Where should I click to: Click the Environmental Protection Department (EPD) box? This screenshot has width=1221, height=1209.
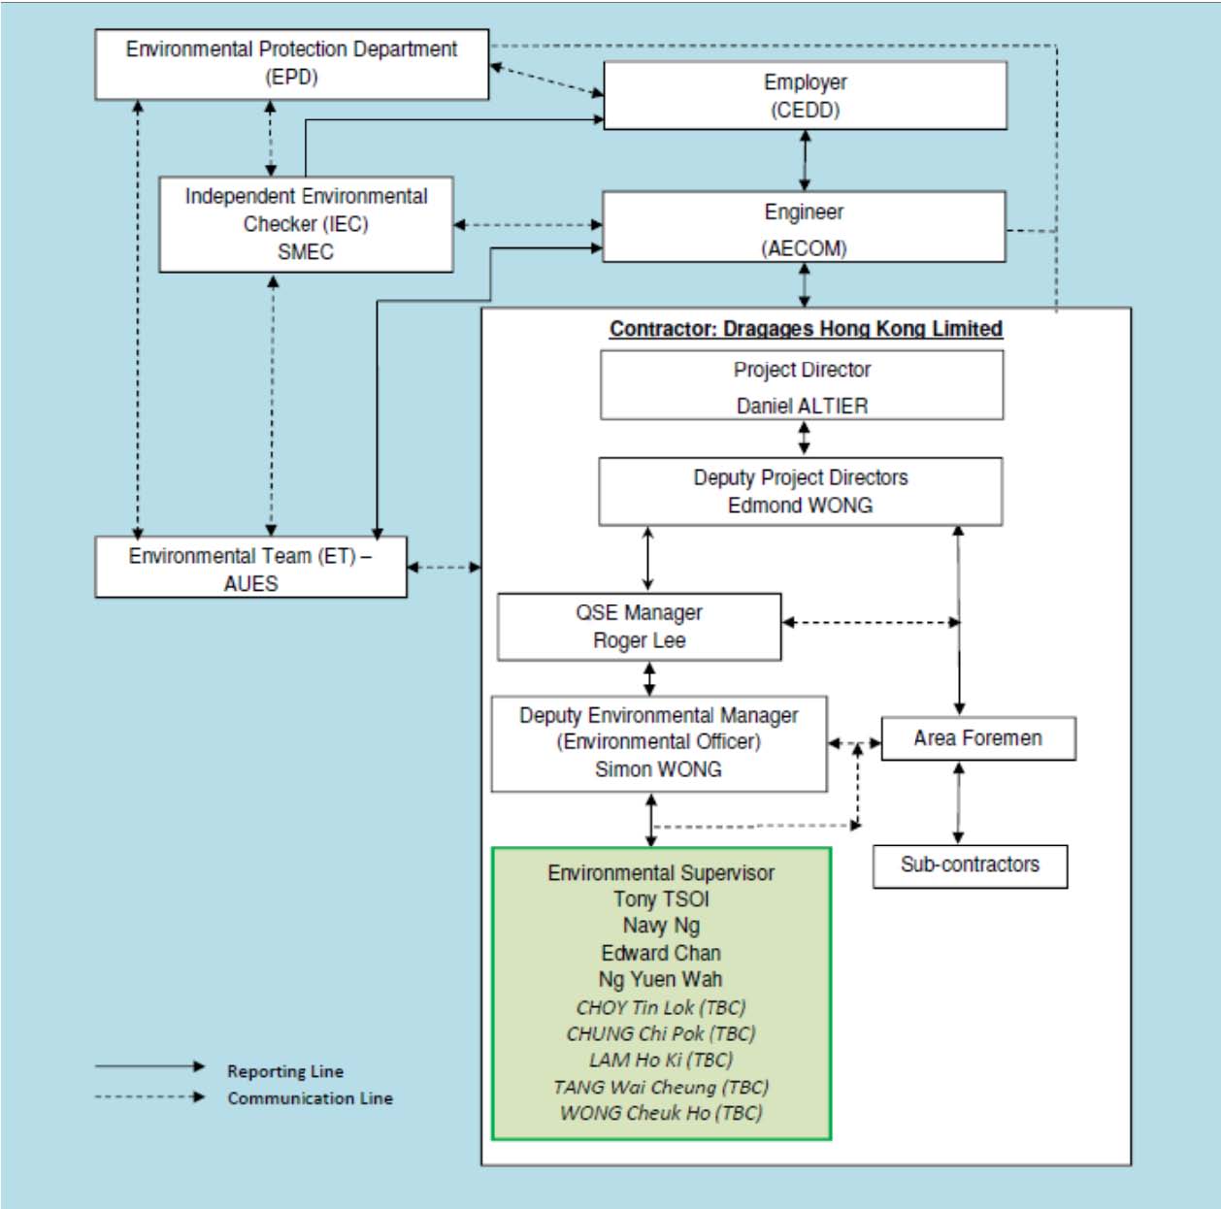pos(291,64)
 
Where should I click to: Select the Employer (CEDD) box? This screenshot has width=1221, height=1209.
pos(805,96)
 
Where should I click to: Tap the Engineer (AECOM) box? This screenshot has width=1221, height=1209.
pos(804,226)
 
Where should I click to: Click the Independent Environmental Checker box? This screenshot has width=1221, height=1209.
pos(306,224)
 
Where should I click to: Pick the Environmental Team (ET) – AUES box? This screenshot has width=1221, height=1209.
pos(251,567)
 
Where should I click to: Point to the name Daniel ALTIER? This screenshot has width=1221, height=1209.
pos(802,406)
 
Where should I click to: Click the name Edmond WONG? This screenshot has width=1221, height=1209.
pos(801,505)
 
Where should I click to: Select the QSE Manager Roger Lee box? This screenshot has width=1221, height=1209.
pos(640,627)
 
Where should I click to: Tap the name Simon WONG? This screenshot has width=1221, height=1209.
pos(658,769)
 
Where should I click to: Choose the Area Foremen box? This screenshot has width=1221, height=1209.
pos(978,738)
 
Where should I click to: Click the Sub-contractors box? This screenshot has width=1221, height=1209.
pos(970,866)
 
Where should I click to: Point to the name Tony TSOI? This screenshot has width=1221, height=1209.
pos(661,899)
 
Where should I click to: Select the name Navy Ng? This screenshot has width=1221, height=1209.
pos(661,926)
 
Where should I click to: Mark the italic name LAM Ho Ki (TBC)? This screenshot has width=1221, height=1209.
pos(661,1061)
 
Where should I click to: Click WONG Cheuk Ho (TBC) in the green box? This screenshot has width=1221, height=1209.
pos(661,1113)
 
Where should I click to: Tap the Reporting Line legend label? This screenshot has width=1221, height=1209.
pos(285,1071)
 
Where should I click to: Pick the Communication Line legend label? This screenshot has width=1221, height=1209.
pos(310,1098)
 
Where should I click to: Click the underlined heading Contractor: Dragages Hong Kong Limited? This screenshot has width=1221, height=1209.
pos(806,329)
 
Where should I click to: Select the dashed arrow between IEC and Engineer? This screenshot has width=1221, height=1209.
pos(528,225)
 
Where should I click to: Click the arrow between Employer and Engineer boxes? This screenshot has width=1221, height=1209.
pos(805,160)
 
